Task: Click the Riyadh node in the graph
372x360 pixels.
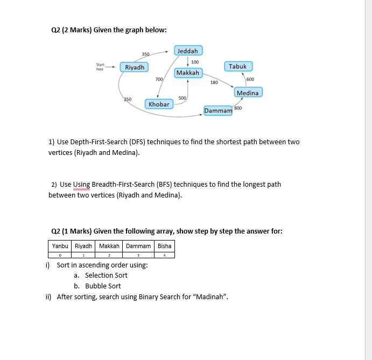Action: (135, 67)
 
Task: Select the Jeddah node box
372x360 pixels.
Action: (188, 51)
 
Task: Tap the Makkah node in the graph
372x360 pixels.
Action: (187, 73)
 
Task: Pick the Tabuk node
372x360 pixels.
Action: (237, 67)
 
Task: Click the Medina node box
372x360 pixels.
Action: (248, 93)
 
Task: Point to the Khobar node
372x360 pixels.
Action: (159, 104)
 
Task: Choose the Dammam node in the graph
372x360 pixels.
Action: (218, 111)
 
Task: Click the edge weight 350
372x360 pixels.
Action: (145, 54)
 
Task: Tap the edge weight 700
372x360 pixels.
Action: (159, 79)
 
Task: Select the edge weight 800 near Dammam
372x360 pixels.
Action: (238, 108)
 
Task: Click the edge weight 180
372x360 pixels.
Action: (214, 82)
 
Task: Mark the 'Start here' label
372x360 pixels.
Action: (100, 67)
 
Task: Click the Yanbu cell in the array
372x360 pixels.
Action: (60, 246)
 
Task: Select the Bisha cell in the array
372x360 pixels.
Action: (164, 246)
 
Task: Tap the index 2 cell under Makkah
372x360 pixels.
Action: (109, 255)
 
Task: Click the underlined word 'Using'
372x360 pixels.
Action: (81, 185)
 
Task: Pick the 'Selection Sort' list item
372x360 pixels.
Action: (106, 276)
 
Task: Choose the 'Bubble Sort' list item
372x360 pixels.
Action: (103, 286)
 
